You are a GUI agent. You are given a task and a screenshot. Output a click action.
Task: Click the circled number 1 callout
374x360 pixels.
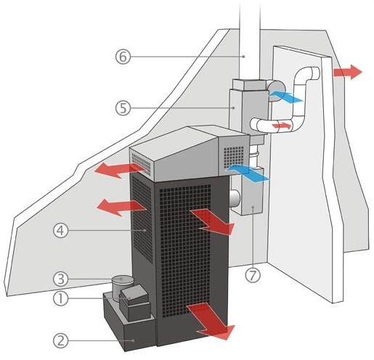60,298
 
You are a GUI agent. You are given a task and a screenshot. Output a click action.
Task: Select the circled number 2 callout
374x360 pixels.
60,340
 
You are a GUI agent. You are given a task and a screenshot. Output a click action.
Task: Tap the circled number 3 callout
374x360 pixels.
60,279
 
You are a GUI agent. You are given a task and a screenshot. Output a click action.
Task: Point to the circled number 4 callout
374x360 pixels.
60,230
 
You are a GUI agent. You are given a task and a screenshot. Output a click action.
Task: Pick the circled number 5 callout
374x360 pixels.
123,108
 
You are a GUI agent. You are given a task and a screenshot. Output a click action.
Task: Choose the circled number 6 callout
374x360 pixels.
123,57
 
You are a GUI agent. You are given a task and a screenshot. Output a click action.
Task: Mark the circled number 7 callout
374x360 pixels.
253,275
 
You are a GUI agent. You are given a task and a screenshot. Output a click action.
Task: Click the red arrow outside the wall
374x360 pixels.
348,72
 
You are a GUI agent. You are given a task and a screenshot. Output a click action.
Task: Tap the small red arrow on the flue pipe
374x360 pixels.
282,126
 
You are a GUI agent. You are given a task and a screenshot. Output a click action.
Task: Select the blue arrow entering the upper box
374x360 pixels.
285,97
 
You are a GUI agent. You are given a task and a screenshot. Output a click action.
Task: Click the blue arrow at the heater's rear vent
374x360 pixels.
248,173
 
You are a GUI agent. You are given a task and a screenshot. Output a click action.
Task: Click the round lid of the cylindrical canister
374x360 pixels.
123,280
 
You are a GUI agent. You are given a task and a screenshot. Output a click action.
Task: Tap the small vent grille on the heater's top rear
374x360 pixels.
234,157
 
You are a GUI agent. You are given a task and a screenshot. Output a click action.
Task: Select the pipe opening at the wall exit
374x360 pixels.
316,73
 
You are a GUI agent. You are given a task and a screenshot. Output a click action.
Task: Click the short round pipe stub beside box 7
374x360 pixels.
235,199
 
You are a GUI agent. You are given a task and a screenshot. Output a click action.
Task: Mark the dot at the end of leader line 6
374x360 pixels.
244,57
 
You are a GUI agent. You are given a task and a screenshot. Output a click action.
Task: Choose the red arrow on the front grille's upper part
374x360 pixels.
211,221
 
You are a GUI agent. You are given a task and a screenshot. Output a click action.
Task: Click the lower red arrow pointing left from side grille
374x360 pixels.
121,207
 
